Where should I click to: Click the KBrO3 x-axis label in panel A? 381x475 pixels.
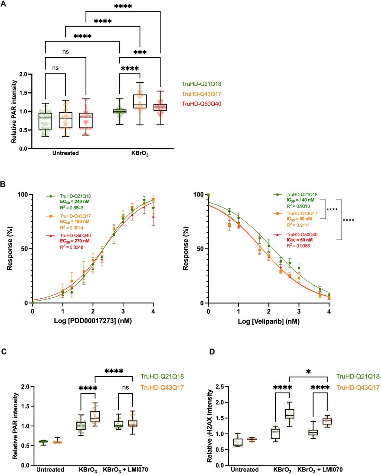pos(140,153)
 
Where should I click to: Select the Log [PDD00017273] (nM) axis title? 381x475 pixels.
pos(93,321)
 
